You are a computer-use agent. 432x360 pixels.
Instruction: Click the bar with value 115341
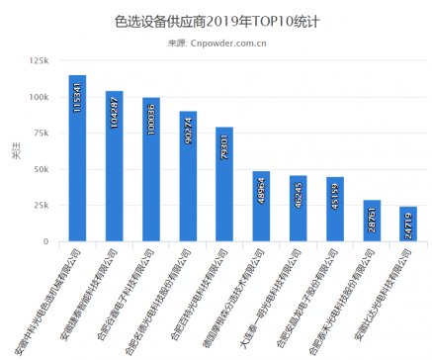(x=77, y=158)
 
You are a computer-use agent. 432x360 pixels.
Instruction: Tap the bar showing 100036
(x=151, y=169)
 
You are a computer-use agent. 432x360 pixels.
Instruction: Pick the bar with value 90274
(x=188, y=176)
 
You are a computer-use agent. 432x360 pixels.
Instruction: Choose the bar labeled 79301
(x=224, y=184)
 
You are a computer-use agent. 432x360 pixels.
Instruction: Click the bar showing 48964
(x=261, y=206)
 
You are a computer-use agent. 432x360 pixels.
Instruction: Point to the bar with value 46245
(x=298, y=208)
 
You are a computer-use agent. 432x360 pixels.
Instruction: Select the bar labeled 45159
(x=334, y=209)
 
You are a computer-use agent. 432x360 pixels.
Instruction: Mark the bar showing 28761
(x=372, y=221)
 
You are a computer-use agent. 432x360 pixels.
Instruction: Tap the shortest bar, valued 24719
(x=408, y=224)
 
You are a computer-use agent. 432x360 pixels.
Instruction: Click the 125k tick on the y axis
(x=40, y=61)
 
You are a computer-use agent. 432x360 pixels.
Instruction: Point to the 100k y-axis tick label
(x=40, y=98)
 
